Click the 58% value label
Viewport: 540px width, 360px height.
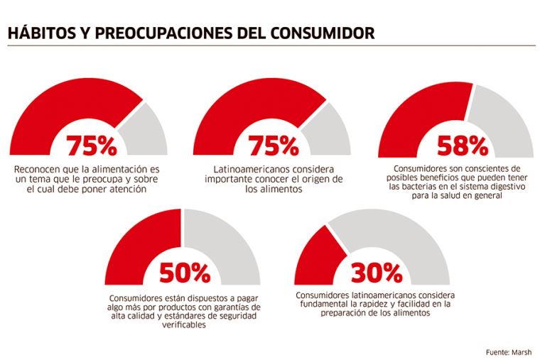pyautogui.click(x=462, y=146)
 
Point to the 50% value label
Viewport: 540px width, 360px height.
pyautogui.click(x=184, y=272)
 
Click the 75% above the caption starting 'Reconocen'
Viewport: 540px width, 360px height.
pyautogui.click(x=91, y=146)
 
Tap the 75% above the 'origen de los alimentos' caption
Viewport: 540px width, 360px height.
pyautogui.click(x=273, y=146)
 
